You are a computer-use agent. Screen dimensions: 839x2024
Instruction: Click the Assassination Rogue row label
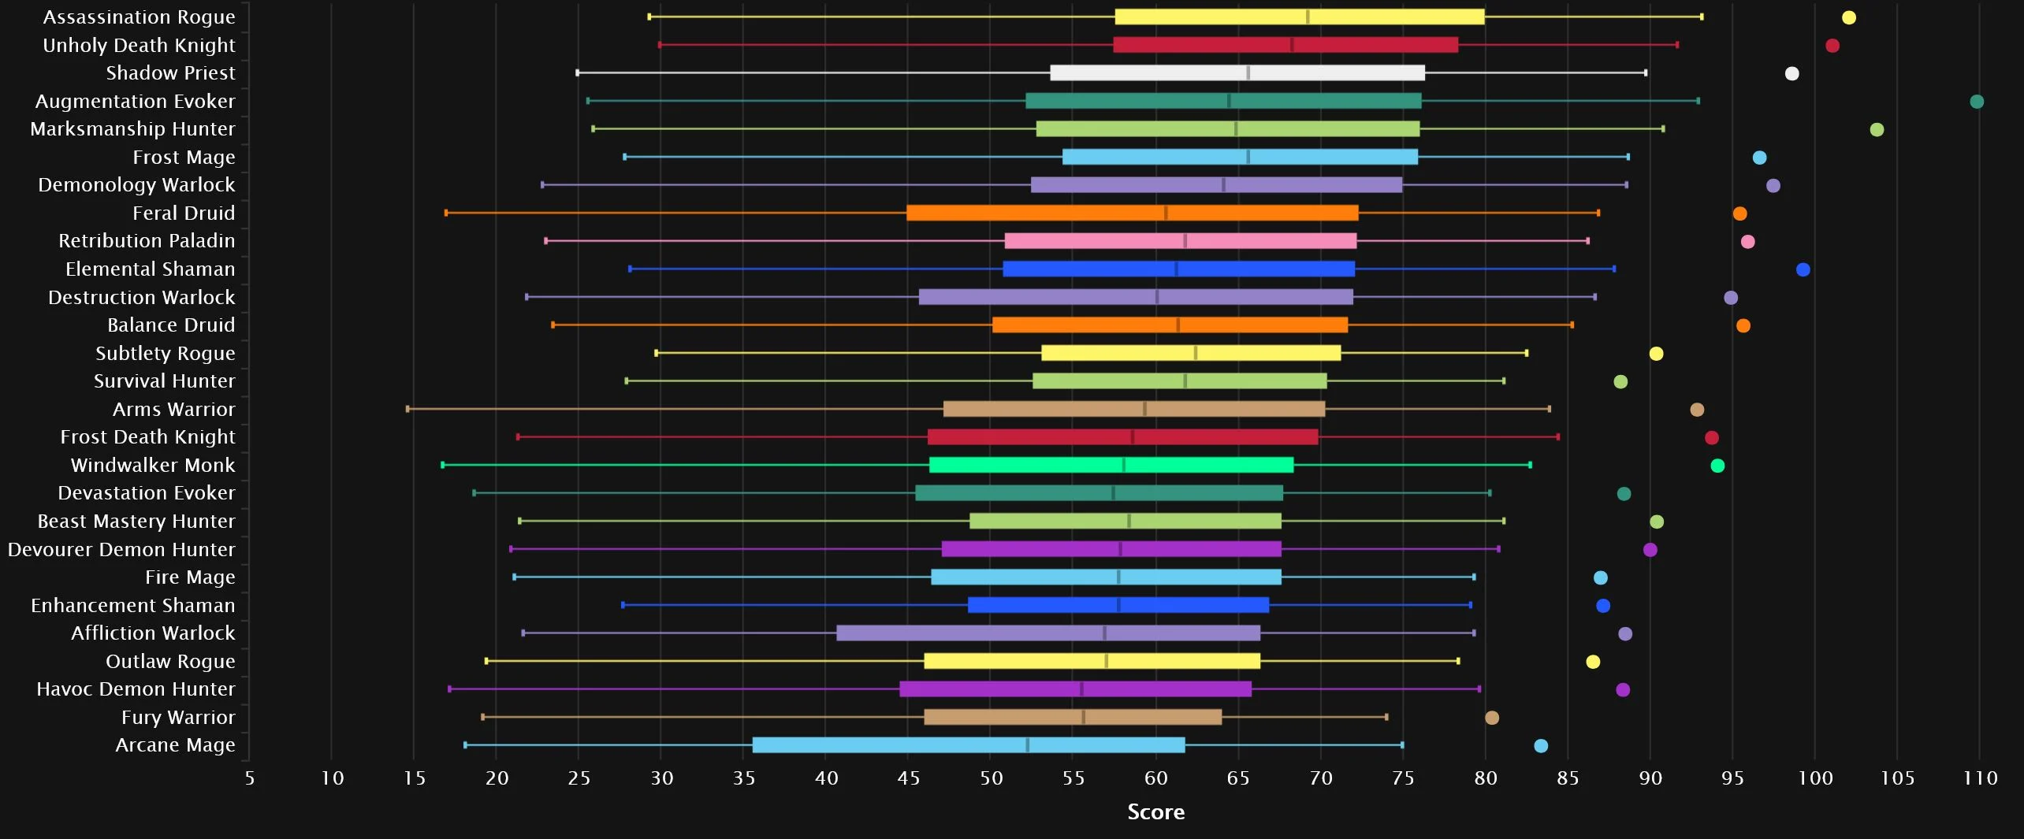[x=139, y=17]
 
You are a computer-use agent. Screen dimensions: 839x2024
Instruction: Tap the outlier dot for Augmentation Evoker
[x=1976, y=102]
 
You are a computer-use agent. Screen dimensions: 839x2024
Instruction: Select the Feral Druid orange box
[x=1132, y=213]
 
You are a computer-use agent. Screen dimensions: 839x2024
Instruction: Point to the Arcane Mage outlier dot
[x=1541, y=746]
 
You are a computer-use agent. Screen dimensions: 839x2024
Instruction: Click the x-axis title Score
[x=1155, y=812]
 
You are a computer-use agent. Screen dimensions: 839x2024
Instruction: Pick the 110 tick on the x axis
[x=1980, y=779]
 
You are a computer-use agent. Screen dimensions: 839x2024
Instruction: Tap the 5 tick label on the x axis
[x=250, y=779]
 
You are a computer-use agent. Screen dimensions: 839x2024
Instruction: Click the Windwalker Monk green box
[x=1111, y=465]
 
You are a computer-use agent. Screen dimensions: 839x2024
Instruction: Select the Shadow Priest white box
[x=1237, y=73]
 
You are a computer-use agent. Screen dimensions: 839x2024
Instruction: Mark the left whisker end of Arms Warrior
[x=407, y=409]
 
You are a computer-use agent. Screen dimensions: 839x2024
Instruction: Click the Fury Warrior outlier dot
[x=1491, y=718]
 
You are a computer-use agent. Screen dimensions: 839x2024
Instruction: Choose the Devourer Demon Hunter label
[x=121, y=550]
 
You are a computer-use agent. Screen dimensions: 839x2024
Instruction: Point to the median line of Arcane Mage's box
[x=1027, y=745]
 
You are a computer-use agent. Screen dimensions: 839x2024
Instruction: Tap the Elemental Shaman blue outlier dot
[x=1803, y=269]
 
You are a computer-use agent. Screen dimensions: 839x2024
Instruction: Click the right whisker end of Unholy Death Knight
[x=1676, y=45]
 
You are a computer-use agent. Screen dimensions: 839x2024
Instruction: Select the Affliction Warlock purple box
[x=1047, y=633]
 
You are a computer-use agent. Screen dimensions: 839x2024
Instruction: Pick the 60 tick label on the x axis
[x=1155, y=779]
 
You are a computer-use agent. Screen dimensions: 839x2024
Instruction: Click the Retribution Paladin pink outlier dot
[x=1747, y=242]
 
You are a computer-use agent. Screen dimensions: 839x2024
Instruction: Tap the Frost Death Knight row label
[x=147, y=437]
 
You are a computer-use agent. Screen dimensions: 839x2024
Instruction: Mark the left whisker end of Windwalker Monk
[x=443, y=465]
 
